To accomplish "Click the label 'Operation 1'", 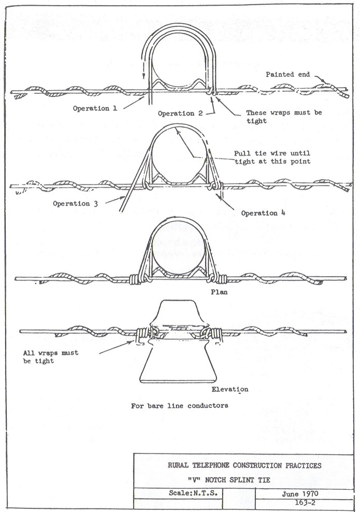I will point(95,109).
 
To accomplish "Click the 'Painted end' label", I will point(288,75).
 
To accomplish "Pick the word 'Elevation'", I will point(229,389).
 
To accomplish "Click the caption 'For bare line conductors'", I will point(179,405).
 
